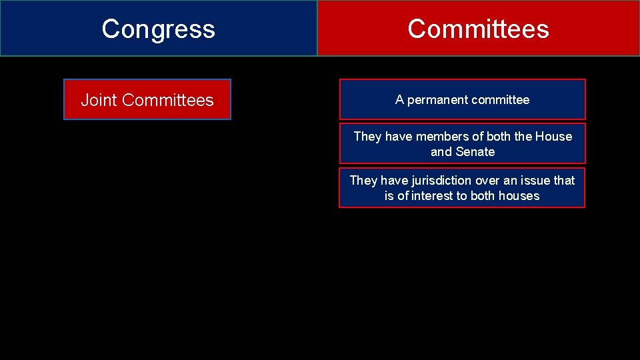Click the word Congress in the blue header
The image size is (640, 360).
point(159,29)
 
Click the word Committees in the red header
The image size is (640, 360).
point(478,29)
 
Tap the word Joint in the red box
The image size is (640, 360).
point(99,100)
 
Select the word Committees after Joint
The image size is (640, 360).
point(168,100)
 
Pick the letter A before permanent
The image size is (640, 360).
point(399,100)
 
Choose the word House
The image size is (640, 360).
point(553,137)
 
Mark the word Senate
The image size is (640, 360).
point(475,152)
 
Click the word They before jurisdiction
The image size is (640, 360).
point(363,181)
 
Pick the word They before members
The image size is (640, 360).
point(367,137)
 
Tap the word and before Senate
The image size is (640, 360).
point(441,152)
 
